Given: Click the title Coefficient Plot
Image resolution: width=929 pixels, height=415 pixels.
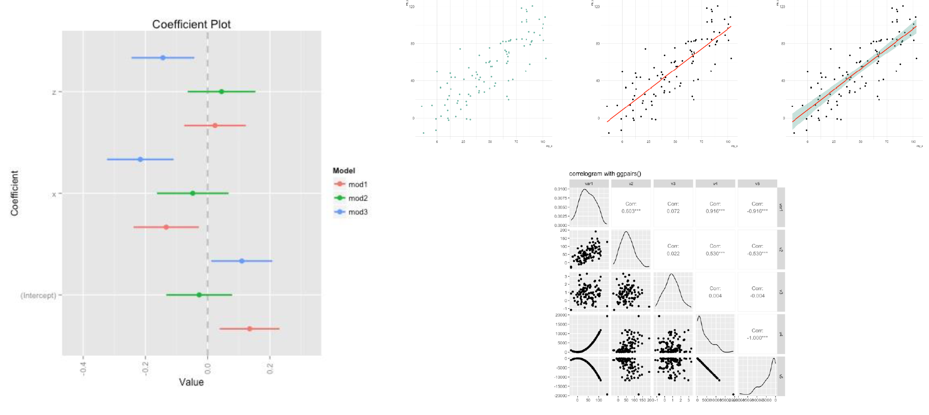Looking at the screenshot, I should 191,24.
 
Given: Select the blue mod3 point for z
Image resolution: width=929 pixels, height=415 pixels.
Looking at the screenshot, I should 163,57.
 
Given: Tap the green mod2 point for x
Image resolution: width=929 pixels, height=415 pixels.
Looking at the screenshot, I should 192,193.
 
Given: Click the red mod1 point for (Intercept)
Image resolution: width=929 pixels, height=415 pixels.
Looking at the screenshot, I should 249,329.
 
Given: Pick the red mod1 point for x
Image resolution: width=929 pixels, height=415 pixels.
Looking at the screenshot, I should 166,227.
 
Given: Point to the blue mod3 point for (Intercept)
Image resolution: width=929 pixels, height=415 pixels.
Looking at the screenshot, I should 242,261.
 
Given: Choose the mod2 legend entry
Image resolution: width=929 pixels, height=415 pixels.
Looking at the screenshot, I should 357,198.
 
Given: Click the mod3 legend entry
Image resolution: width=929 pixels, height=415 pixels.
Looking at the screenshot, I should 357,212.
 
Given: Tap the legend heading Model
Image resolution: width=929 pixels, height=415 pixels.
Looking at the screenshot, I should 344,170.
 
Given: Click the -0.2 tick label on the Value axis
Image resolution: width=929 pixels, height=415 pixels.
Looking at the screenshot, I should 146,368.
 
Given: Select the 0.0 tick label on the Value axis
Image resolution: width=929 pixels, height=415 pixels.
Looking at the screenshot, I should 208,368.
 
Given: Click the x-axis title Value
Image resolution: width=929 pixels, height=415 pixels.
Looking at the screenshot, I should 191,382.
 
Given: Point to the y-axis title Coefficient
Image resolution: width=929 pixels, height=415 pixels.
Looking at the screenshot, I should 14,193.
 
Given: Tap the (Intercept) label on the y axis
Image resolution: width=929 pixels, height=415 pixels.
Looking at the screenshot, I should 38,295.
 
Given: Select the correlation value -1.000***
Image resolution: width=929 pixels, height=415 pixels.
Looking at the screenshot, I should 757,338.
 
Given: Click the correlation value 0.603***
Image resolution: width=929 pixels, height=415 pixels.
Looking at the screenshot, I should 631,211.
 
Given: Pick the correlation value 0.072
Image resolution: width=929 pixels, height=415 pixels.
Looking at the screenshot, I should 673,211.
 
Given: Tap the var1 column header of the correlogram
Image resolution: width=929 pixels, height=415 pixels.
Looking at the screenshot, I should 589,184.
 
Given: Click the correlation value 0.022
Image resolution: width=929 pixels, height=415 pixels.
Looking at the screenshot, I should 673,253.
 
